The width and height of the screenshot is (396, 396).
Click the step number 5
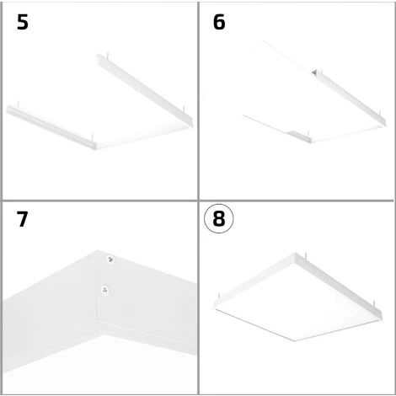23,22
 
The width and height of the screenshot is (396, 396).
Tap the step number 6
219,22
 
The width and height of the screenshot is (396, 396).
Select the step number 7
22,219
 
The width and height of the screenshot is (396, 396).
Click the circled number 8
218,218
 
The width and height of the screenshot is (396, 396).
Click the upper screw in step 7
110,260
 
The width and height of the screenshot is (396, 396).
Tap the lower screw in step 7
105,290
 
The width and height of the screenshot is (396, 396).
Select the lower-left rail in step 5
51,127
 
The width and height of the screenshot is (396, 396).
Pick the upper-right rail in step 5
145,90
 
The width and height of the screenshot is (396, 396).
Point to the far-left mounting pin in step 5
19,104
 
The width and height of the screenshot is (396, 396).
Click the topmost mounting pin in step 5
107,54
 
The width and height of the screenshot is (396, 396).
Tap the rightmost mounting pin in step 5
184,109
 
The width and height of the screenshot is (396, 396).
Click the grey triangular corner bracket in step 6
314,72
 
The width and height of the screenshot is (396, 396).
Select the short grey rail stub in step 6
299,136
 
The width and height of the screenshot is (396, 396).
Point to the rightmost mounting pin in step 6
380,114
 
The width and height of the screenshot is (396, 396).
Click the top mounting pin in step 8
306,256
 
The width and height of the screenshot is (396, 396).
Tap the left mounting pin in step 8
219,297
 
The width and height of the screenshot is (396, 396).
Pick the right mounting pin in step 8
374,304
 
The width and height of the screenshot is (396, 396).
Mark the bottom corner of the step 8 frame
294,341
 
